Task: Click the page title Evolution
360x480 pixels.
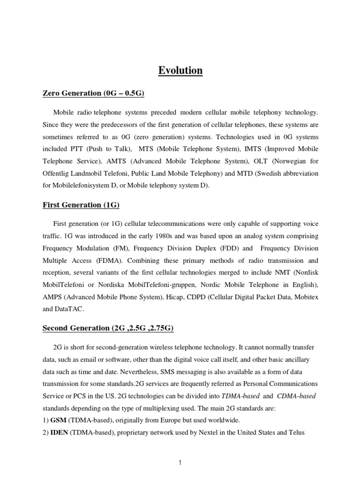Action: tap(180, 71)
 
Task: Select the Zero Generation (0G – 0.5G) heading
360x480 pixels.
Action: tap(93, 94)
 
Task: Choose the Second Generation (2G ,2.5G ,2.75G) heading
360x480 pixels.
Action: tap(108, 328)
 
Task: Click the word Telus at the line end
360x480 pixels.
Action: tap(296, 433)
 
